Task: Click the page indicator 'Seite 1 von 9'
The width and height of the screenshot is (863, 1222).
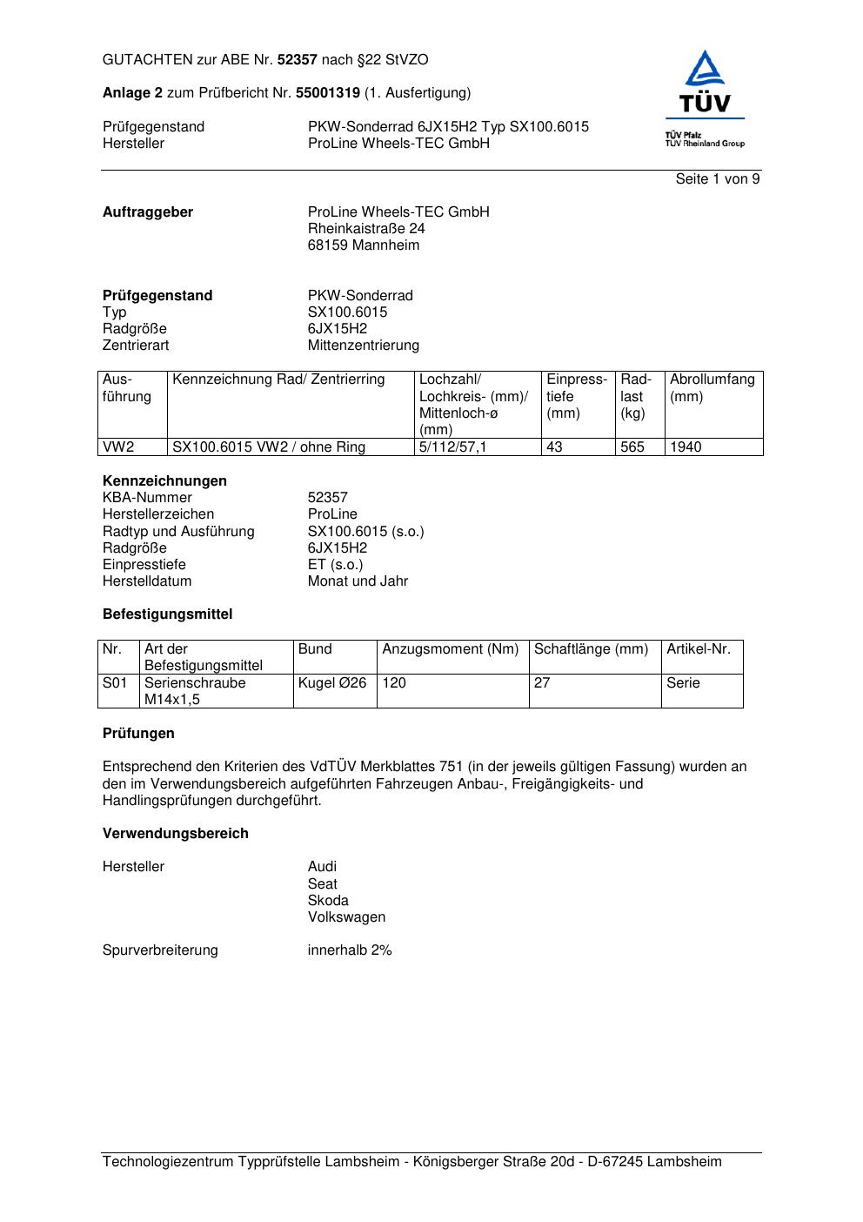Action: pos(717,179)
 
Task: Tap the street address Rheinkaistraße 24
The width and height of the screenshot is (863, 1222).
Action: pos(366,229)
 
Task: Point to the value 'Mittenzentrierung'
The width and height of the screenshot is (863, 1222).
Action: pos(363,346)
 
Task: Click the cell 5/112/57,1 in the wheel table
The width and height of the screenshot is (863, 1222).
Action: pos(454,447)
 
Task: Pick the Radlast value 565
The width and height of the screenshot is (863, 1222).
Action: pos(632,447)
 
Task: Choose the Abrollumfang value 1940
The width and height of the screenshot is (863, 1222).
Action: pos(686,447)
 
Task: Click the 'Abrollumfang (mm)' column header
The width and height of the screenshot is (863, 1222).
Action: pos(712,388)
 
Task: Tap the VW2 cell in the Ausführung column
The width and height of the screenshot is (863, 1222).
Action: pos(119,447)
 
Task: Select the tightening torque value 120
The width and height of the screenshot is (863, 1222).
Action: pos(394,683)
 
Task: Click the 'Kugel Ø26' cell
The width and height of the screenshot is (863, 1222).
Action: pos(332,683)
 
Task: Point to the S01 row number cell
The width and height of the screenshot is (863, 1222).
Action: pos(115,683)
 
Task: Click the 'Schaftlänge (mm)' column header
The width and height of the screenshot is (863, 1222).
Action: pos(592,649)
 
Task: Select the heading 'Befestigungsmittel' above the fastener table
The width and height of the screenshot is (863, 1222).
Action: pos(168,614)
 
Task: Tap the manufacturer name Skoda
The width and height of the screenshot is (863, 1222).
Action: pos(328,901)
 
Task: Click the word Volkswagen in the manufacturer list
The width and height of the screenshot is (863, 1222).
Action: pos(346,917)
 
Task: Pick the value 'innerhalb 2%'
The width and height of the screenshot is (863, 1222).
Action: pos(350,950)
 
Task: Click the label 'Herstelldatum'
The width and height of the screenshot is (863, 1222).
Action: pos(147,581)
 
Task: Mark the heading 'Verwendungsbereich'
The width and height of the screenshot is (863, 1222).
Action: pos(176,834)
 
